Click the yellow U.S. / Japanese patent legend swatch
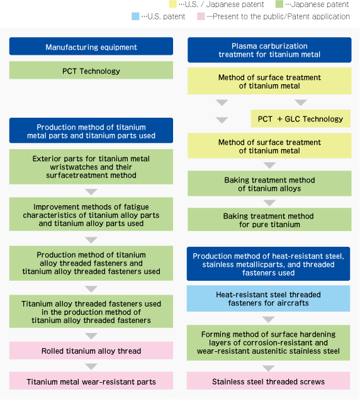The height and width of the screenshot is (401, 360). point(173,4)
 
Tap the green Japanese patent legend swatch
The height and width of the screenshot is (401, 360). point(279,4)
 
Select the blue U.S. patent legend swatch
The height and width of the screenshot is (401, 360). point(135,16)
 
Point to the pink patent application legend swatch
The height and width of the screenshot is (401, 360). point(201,16)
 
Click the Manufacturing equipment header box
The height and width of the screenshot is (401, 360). point(91,47)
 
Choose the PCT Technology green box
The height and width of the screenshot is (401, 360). point(91,70)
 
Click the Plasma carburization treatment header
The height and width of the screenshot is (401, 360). point(269,50)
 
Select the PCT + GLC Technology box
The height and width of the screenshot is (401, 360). point(301,118)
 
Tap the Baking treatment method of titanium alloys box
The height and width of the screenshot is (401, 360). point(269,184)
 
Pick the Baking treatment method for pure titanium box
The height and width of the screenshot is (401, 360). point(269,220)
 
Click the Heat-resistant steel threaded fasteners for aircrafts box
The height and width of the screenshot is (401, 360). point(269,298)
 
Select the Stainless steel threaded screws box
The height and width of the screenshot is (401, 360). point(269,381)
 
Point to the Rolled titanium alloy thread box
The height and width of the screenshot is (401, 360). point(91,351)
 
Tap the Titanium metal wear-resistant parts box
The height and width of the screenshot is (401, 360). point(91,381)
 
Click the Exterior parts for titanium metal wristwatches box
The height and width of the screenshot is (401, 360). point(91,167)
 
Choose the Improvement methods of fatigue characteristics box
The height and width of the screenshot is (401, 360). point(91,214)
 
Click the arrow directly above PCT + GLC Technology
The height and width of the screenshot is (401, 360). point(301,103)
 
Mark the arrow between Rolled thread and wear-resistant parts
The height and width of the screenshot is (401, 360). point(91,366)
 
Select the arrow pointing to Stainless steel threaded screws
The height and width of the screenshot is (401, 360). point(269,368)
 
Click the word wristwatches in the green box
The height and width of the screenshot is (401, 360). point(91,167)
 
